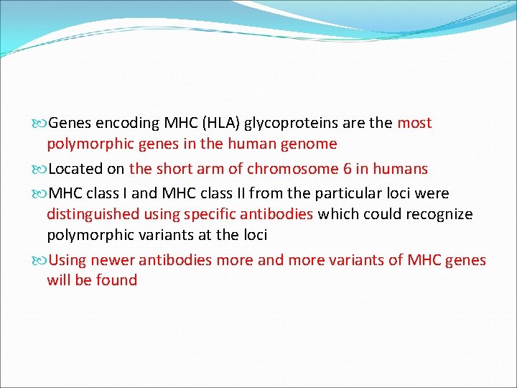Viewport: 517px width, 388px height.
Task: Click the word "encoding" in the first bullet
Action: pos(124,124)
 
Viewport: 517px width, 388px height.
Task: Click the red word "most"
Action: pos(414,124)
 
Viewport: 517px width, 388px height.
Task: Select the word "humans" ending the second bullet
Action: pos(403,170)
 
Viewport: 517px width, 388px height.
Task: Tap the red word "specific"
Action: pos(213,214)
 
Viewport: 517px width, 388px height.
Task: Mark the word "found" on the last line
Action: pos(116,280)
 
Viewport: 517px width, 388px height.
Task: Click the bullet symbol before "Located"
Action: pos(40,170)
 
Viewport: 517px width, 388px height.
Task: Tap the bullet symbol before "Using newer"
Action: pos(40,260)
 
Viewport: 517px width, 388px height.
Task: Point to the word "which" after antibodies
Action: pos(339,214)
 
